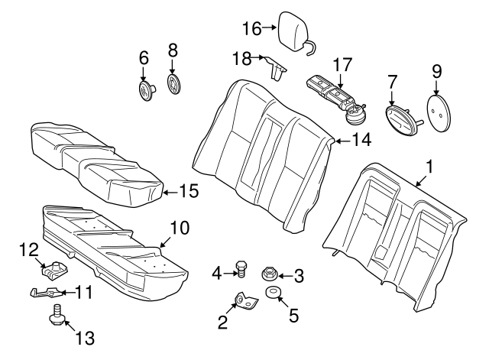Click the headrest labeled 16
(x=293, y=30)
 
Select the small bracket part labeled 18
(x=277, y=67)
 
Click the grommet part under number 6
(x=144, y=91)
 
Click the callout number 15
(x=188, y=191)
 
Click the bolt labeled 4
(x=241, y=271)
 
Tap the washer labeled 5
(x=272, y=294)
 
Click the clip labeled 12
(x=51, y=268)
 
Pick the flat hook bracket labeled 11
(x=46, y=291)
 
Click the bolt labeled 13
(x=57, y=313)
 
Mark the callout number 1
(x=429, y=165)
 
